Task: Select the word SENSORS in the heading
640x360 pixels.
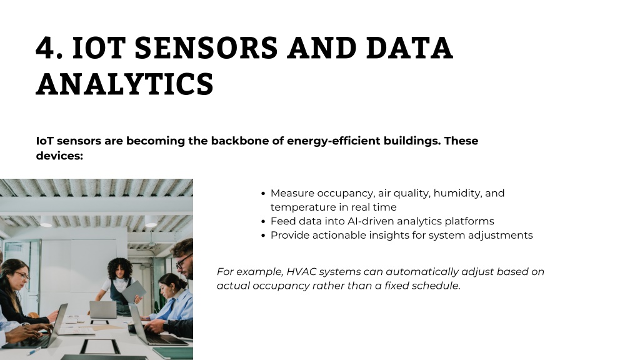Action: (206, 47)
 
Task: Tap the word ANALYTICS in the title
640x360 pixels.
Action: (125, 84)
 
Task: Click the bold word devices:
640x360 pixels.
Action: (59, 156)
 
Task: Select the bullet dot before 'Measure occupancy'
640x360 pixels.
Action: (263, 194)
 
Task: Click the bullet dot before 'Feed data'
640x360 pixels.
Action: (263, 222)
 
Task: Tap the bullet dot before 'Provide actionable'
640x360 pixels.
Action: (263, 236)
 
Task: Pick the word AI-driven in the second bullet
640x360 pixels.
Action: (371, 221)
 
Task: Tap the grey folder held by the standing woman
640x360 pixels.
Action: (134, 291)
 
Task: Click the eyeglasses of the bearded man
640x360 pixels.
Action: (184, 260)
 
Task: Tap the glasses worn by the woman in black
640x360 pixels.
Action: (22, 276)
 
